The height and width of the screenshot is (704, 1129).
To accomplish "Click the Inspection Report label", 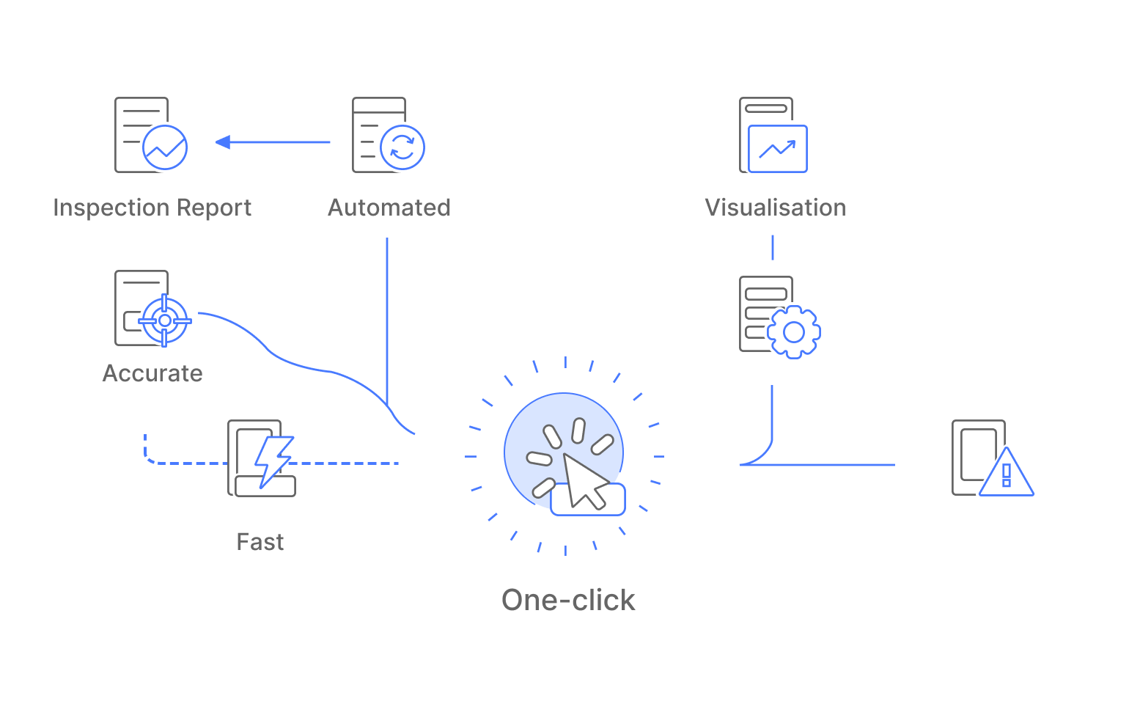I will (152, 208).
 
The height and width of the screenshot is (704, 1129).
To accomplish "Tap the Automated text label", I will (389, 208).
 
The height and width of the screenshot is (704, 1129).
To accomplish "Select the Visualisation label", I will (775, 208).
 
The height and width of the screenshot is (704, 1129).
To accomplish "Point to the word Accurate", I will (152, 373).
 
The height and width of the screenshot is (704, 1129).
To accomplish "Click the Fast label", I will (260, 542).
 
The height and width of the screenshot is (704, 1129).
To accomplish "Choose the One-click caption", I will (568, 600).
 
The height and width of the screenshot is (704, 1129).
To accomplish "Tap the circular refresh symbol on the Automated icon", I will (402, 147).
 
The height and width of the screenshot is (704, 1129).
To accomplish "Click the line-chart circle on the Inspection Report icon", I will (165, 147).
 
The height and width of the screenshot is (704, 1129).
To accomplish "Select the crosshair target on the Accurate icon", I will (165, 320).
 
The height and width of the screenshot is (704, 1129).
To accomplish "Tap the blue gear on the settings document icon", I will (794, 332).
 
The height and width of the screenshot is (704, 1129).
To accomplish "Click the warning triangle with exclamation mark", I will (1007, 474).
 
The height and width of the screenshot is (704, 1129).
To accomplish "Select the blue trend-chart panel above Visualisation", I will (777, 149).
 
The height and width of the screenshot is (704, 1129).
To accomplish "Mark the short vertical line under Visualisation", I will (772, 247).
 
